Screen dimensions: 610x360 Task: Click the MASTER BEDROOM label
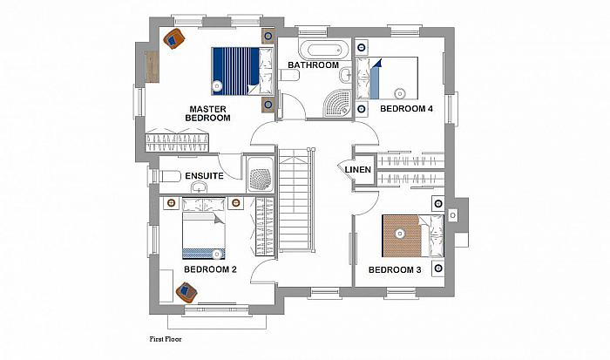[x=207, y=113]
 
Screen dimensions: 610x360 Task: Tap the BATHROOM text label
[x=313, y=65]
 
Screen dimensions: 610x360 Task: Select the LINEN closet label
[x=358, y=170]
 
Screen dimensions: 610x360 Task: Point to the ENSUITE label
[x=204, y=176]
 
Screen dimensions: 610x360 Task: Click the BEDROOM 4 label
[x=406, y=109]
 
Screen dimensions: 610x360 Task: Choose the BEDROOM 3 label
[x=395, y=269]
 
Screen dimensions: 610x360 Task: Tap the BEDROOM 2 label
[x=210, y=269]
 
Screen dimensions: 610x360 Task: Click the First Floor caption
[x=166, y=339]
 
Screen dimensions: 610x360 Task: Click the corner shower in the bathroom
[x=338, y=103]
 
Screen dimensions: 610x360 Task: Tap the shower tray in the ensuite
[x=261, y=174]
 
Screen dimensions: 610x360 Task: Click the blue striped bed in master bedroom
[x=243, y=71]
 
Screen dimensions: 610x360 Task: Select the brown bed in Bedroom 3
[x=413, y=236]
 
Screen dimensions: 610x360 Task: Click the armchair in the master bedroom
[x=174, y=38]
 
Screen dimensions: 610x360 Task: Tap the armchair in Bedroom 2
[x=186, y=292]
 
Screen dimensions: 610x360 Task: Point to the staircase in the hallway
[x=296, y=200]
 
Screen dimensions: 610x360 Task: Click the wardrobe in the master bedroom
[x=177, y=143]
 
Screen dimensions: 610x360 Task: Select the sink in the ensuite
[x=200, y=187]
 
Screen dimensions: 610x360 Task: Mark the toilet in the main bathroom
[x=289, y=75]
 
